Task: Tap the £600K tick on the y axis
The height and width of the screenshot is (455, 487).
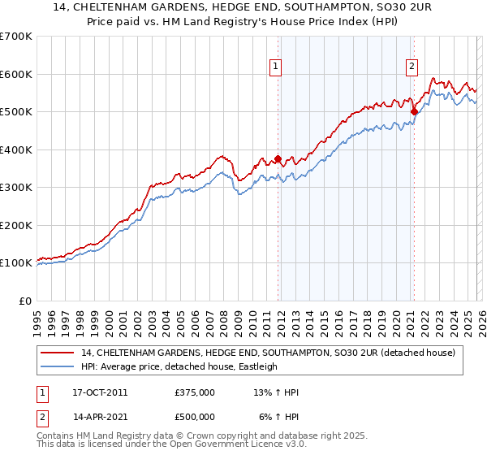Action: pyautogui.click(x=16, y=74)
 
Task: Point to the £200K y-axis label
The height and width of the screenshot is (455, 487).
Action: pyautogui.click(x=16, y=225)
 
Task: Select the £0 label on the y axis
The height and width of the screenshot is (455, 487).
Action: pyautogui.click(x=26, y=301)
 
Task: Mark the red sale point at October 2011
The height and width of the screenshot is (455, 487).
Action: pyautogui.click(x=278, y=159)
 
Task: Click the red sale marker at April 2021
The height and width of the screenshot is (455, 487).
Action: pyautogui.click(x=414, y=112)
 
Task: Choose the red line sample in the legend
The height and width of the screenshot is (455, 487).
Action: pyautogui.click(x=58, y=353)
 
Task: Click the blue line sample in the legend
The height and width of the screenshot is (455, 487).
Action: pyautogui.click(x=58, y=366)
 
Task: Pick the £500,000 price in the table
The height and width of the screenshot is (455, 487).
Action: pyautogui.click(x=194, y=416)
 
